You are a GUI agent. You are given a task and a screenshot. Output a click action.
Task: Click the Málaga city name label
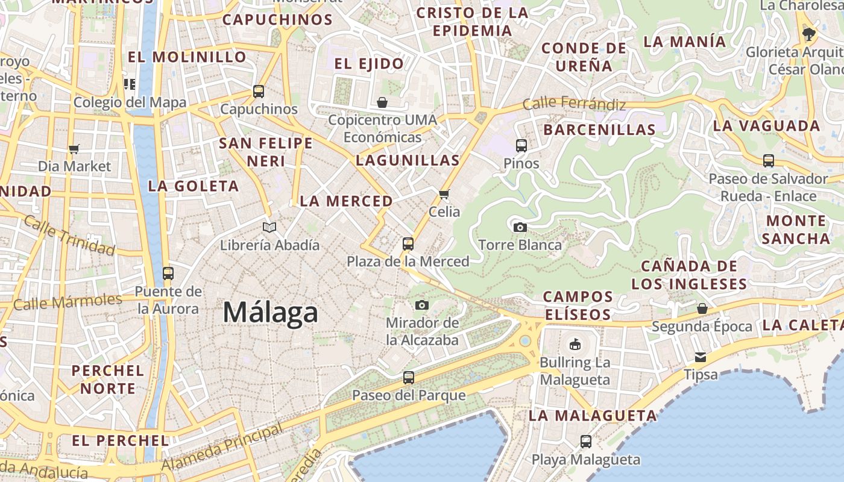click(x=270, y=312)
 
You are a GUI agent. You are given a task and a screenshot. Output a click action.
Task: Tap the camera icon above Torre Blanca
click(x=520, y=227)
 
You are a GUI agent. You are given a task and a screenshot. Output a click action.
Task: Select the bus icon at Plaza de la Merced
click(x=408, y=244)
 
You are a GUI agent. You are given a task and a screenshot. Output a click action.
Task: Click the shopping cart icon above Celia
click(x=444, y=194)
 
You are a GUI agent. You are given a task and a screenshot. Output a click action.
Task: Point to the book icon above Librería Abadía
click(x=269, y=227)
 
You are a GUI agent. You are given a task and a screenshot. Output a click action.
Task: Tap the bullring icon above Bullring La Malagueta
click(x=575, y=345)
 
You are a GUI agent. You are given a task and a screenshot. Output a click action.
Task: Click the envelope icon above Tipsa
click(x=701, y=357)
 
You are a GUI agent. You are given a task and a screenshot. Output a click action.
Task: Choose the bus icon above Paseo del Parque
click(x=409, y=378)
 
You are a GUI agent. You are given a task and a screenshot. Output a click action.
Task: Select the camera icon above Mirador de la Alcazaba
click(x=422, y=305)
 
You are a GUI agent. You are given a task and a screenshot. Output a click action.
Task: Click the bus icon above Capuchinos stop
click(x=259, y=92)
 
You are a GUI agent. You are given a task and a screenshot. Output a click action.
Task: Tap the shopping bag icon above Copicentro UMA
click(x=382, y=102)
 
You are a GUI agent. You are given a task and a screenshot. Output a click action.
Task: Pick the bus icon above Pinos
click(x=521, y=145)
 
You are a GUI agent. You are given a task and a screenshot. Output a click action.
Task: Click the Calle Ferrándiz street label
click(x=574, y=104)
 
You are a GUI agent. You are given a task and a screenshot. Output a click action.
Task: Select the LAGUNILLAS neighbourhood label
click(x=408, y=160)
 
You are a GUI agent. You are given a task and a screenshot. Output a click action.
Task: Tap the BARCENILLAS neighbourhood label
click(x=599, y=130)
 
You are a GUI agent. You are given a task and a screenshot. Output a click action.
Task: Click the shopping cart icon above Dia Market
click(x=74, y=149)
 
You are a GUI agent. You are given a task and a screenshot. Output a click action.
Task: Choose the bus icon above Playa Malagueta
click(x=585, y=442)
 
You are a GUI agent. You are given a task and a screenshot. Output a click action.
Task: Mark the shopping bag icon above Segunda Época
click(x=702, y=308)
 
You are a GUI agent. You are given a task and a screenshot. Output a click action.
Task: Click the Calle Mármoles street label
click(x=68, y=301)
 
